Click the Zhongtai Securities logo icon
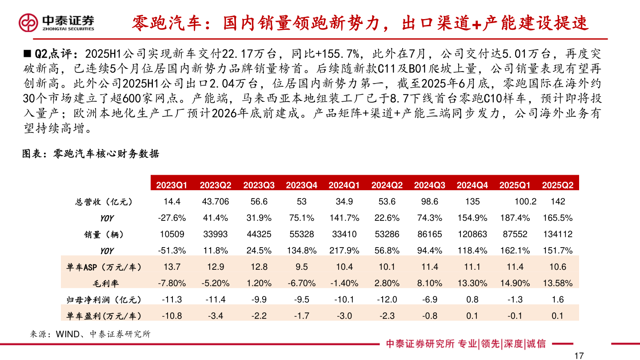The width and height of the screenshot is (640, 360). pos(28,22)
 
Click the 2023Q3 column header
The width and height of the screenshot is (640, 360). pos(259,185)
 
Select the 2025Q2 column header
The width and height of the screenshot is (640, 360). pos(558,185)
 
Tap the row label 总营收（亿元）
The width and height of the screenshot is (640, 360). pos(104,202)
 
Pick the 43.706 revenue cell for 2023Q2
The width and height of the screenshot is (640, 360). pos(215,202)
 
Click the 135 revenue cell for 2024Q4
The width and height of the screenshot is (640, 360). pos(472,202)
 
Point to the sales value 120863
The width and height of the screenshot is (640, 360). pos(472,234)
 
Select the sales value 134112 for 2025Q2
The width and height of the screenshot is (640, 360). pos(558,234)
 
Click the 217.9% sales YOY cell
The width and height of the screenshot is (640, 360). pos(344,251)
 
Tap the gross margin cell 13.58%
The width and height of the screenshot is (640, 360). pos(558,283)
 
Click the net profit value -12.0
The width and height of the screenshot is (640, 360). pos(387,300)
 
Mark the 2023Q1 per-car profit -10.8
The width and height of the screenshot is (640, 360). pos(172,316)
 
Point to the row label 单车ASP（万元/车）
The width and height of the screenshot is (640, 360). pos(104,267)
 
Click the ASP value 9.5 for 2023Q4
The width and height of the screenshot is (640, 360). pos(302,267)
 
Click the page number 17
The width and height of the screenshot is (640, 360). pos(578,356)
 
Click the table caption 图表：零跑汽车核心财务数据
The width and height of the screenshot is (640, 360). pos(91,154)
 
